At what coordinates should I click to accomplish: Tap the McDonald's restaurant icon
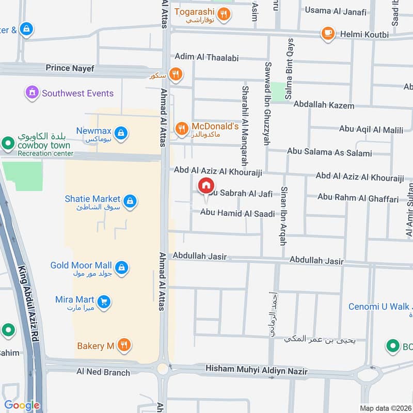click(x=181, y=129)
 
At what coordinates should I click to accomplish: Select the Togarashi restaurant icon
click(x=224, y=14)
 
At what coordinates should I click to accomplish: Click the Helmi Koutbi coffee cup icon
click(x=327, y=34)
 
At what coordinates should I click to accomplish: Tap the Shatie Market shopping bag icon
click(x=130, y=201)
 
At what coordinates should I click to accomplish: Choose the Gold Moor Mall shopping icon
click(x=121, y=267)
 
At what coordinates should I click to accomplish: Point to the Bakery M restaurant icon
click(x=123, y=345)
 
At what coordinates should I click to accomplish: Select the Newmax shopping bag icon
click(x=120, y=133)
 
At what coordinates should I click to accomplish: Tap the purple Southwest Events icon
click(x=32, y=93)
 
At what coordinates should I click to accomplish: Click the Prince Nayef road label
click(x=68, y=68)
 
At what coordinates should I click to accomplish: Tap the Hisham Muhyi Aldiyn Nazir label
click(x=256, y=370)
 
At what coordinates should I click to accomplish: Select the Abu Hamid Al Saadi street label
click(x=237, y=213)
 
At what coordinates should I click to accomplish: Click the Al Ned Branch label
click(x=103, y=371)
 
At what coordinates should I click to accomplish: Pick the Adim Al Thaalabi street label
click(x=206, y=58)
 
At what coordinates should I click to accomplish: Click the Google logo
click(x=22, y=405)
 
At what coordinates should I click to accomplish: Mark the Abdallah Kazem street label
click(x=324, y=105)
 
